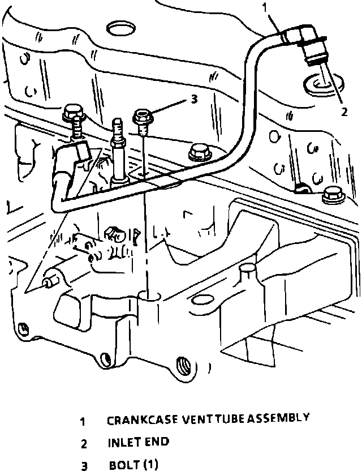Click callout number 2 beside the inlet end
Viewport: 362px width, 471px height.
coord(344,112)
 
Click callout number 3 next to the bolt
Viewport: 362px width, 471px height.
coord(193,100)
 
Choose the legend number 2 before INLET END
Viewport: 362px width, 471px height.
coord(83,443)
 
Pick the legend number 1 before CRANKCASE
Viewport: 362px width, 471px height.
coord(83,421)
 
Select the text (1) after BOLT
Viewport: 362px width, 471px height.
coord(150,465)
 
